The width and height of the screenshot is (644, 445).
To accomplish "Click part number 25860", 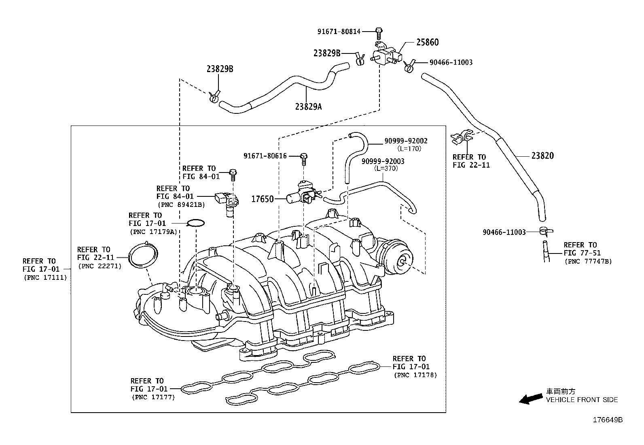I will [427, 42].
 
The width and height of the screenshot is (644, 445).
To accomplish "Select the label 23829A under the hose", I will [309, 106].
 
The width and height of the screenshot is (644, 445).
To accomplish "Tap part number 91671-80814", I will [339, 31].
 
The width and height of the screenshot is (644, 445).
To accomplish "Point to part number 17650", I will [263, 199].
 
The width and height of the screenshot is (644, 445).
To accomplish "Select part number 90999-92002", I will [406, 141].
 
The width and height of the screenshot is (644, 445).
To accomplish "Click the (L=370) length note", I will [386, 168].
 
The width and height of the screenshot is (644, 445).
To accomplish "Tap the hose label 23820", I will [542, 155].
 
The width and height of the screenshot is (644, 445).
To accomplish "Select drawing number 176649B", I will [608, 420].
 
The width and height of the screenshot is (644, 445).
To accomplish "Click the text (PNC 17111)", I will [44, 277].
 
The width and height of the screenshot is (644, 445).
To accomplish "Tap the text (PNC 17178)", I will [415, 375].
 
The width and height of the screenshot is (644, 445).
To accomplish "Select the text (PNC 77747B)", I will [588, 261].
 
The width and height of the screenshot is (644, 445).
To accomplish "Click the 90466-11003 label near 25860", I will [451, 62].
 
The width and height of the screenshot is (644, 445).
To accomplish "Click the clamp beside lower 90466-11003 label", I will [545, 231].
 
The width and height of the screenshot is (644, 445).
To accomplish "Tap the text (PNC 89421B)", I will [181, 204].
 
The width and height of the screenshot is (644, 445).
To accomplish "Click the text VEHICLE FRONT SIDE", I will [582, 400].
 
